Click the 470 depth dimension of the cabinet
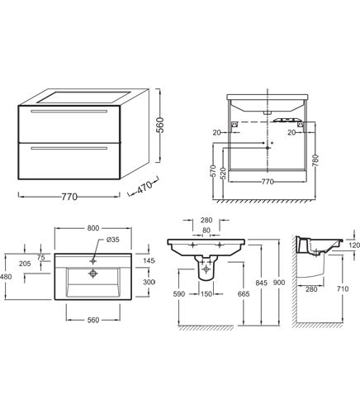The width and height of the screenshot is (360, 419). [144, 187]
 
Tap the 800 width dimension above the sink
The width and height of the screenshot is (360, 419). [93, 228]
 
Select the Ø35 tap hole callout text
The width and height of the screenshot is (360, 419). [113, 240]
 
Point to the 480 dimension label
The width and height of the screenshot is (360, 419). [6, 276]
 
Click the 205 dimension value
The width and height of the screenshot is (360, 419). [25, 264]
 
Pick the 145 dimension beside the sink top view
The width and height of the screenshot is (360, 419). [149, 260]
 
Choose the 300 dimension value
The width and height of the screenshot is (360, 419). [149, 282]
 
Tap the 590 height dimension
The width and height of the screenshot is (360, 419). [179, 294]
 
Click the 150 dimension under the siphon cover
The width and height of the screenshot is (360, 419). [206, 294]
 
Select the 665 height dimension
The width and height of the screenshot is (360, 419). [244, 294]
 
